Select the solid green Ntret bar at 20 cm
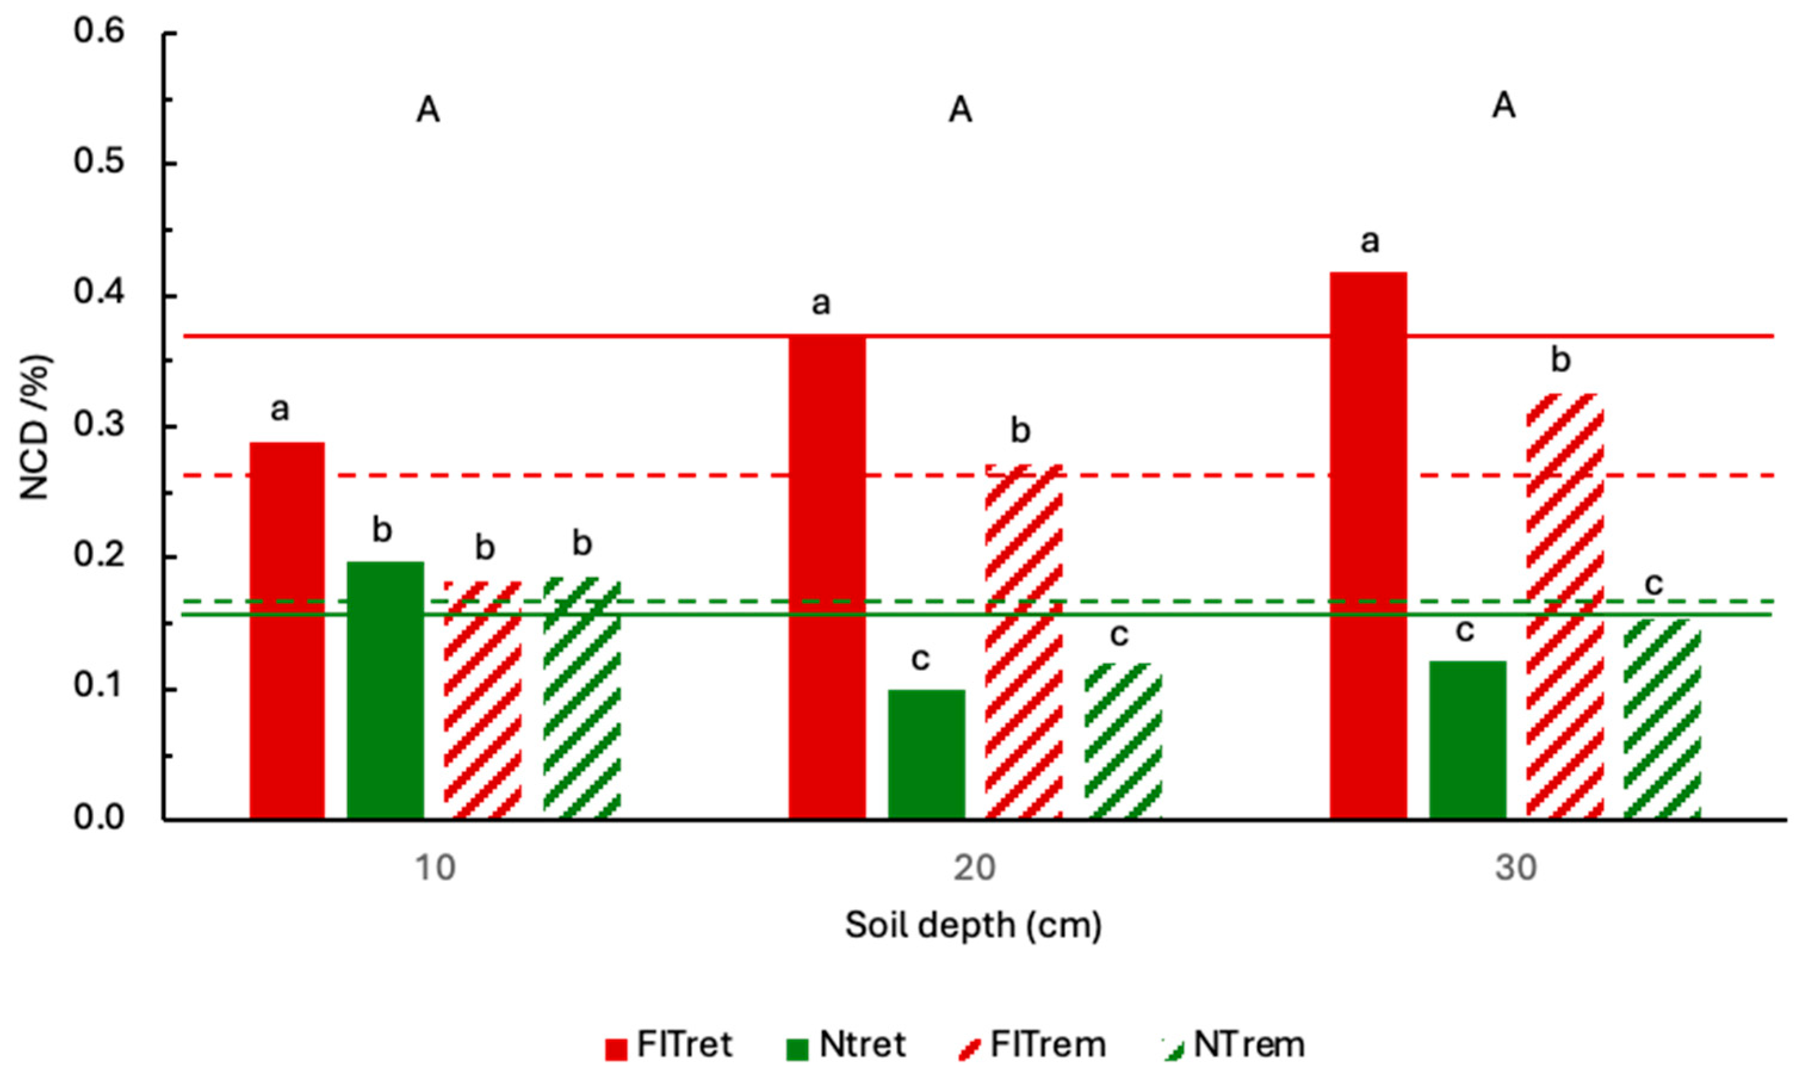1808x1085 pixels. pos(926,754)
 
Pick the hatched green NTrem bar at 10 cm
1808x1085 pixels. pos(581,698)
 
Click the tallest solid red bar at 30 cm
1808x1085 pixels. pos(1367,545)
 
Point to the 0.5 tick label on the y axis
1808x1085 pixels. pos(99,161)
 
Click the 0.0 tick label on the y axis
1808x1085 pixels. pos(99,817)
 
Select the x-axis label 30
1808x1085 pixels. pos(1515,868)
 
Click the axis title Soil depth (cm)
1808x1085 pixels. pos(973,925)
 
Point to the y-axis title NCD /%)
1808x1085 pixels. pos(35,427)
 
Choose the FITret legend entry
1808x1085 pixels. pos(668,1045)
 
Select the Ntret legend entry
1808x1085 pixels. pos(846,1045)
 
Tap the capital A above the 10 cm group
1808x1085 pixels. pos(428,111)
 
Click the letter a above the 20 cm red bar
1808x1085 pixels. pos(821,303)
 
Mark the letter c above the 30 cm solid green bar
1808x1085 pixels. pos(1464,630)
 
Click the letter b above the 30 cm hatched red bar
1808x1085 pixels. pos(1560,360)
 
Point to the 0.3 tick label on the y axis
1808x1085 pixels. pos(99,425)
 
